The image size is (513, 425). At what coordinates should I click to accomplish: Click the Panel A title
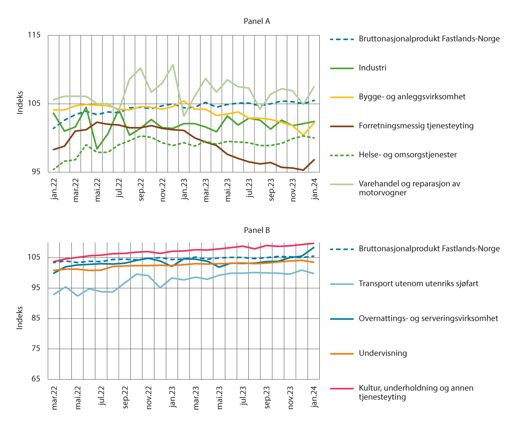tap(257, 21)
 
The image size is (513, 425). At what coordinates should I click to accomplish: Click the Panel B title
tap(257, 230)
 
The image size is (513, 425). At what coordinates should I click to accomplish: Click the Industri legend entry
tap(372, 67)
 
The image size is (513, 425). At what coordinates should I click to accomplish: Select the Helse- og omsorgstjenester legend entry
tap(408, 155)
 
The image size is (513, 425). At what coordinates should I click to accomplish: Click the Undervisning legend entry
tap(383, 353)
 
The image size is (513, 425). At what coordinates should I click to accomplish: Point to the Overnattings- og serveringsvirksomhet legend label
tap(428, 318)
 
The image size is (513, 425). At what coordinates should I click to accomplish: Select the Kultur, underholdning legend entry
tap(416, 393)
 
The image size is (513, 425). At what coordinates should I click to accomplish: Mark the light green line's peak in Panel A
tap(173, 65)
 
